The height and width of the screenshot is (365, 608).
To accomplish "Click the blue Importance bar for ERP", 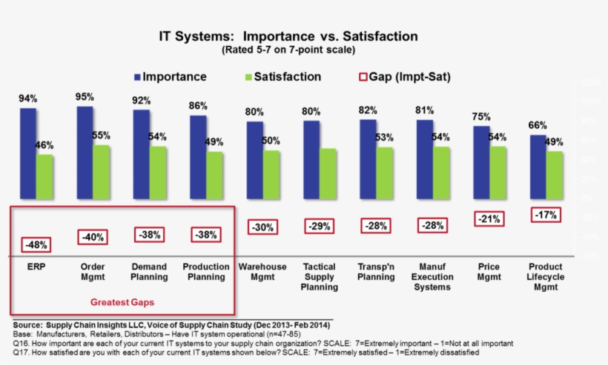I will [27, 153].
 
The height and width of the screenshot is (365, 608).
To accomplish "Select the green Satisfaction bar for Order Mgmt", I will [101, 171].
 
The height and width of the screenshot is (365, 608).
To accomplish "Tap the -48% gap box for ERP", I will [36, 244].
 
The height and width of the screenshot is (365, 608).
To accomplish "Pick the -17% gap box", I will [546, 215].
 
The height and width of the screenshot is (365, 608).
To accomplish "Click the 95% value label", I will [84, 97].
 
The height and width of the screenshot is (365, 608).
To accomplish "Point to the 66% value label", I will [536, 125].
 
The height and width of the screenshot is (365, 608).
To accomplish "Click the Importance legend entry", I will [170, 77].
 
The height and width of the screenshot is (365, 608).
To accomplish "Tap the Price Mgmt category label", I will [489, 272].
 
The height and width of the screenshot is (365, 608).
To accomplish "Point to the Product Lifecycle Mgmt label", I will [546, 277].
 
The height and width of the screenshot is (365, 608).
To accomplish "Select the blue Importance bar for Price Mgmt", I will [481, 161].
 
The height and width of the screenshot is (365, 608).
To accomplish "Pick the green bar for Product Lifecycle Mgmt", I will [554, 175].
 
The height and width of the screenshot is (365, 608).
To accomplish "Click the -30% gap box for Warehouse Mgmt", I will [262, 228].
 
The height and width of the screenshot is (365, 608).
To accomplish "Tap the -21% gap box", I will [489, 219].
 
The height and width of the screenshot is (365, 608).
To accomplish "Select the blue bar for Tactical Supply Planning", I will [311, 159].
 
